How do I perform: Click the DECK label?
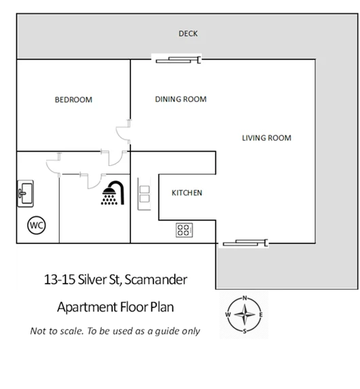pos(188,33)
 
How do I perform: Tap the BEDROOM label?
pos(73,100)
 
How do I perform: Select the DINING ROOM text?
pos(181,99)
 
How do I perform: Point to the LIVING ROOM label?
pos(266,138)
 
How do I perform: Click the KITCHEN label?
pos(187,193)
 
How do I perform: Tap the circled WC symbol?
pos(36,224)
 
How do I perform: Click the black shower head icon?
pos(112,192)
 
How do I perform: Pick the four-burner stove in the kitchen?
pos(184,230)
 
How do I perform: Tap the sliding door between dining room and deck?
pos(179,61)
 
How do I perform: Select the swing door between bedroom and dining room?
pos(124,132)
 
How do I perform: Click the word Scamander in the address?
pos(156,279)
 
